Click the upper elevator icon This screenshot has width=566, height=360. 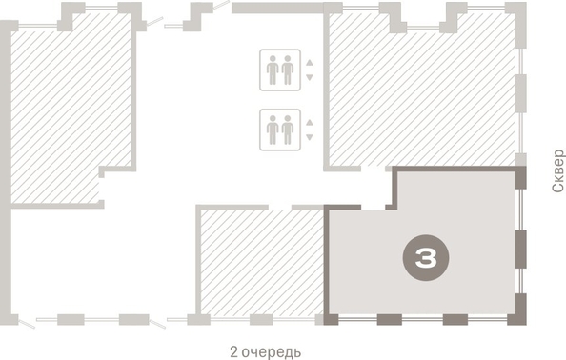pos(279,70)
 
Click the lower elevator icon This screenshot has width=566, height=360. pos(279,130)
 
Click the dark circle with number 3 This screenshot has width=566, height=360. pos(425,257)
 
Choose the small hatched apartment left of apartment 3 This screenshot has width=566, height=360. pos(260,262)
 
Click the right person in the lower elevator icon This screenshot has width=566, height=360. pos(287,130)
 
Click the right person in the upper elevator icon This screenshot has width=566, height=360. pos(287,70)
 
